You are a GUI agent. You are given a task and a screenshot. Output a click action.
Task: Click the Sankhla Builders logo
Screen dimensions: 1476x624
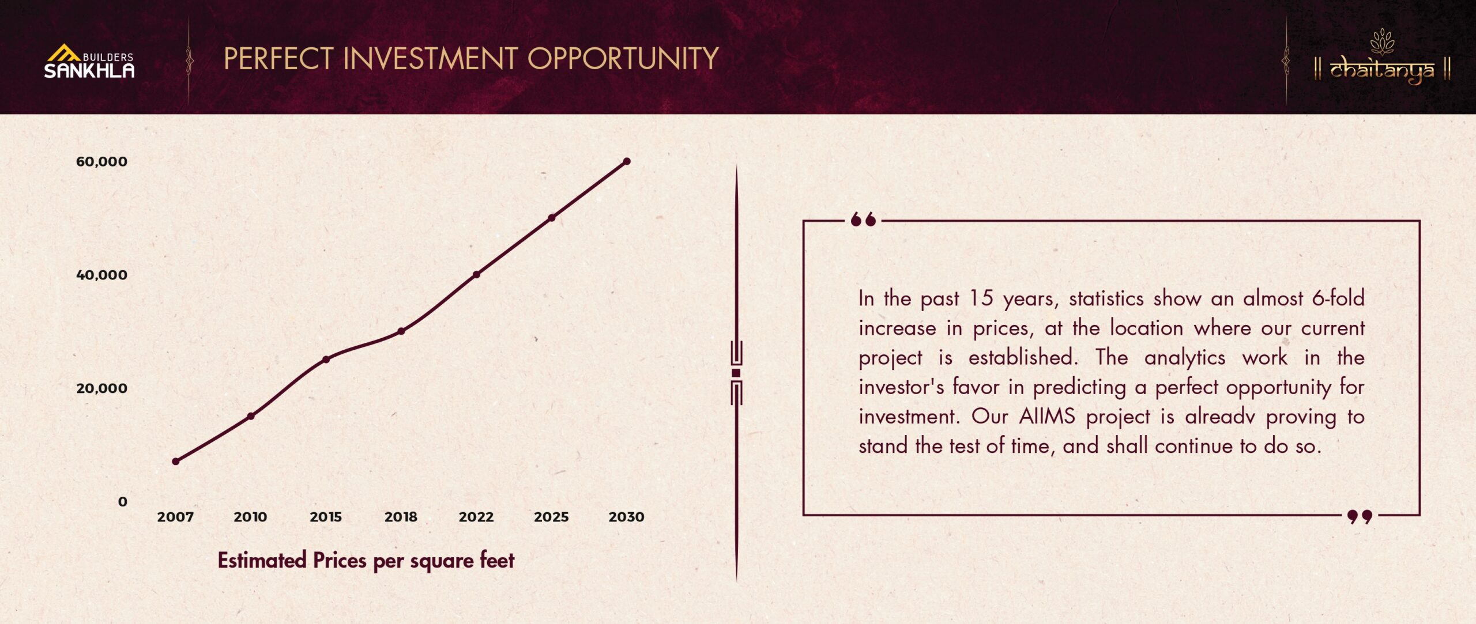[x=89, y=61]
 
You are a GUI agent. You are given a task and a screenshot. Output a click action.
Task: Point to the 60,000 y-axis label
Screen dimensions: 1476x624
[x=101, y=161]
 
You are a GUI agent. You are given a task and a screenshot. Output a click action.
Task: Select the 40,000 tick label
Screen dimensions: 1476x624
[x=101, y=275]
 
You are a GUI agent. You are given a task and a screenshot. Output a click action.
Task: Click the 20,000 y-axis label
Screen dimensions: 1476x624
[x=101, y=388]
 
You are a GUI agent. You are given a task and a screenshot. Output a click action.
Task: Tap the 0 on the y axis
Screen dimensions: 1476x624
[x=122, y=501]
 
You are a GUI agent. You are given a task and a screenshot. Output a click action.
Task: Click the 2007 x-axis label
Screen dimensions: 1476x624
[x=175, y=517]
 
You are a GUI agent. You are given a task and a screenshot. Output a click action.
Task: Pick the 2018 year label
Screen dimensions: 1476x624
[x=401, y=517]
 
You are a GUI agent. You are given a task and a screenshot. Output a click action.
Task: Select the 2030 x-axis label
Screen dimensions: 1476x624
[x=626, y=517]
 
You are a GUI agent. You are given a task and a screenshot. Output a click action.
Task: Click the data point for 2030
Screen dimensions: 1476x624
[x=627, y=161]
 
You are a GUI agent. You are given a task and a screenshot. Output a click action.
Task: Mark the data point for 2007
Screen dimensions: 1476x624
[x=176, y=462]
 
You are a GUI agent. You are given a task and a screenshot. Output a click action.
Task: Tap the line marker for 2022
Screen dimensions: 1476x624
[x=476, y=275]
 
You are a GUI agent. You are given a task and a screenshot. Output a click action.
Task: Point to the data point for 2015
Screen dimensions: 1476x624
[x=326, y=360]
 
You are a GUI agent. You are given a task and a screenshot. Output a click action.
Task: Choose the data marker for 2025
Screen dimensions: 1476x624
[x=552, y=218]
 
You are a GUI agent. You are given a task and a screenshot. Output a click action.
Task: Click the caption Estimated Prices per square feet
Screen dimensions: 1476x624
[x=366, y=561]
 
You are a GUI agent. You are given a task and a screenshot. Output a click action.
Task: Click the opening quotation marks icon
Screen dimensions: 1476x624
[x=863, y=220]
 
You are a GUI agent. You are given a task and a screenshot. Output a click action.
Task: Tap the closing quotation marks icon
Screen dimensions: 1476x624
[x=1360, y=516]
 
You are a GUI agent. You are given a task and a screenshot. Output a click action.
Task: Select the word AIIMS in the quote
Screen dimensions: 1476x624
[x=1047, y=416]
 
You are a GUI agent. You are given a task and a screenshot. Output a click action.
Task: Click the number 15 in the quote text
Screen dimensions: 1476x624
[x=981, y=298]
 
